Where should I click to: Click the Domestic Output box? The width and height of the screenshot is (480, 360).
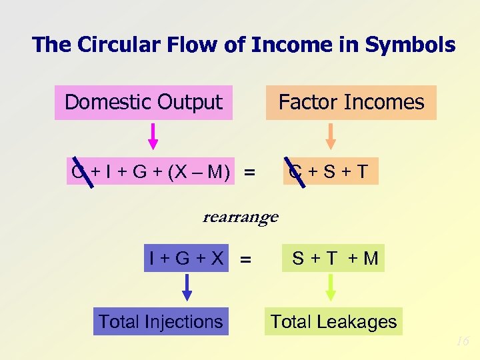(x=143, y=103)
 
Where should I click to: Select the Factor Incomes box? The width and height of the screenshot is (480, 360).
(x=351, y=103)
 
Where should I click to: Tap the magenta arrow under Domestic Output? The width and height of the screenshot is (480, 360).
(x=153, y=135)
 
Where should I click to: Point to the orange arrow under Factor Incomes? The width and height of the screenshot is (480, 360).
(x=330, y=135)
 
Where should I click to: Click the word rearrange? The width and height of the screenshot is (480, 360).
(x=240, y=217)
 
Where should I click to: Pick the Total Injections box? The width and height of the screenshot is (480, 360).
(x=160, y=321)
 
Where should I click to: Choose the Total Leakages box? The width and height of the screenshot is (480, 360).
(x=333, y=322)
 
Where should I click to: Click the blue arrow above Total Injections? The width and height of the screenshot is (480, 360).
(x=187, y=287)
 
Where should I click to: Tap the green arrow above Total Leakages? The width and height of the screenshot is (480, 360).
(x=330, y=287)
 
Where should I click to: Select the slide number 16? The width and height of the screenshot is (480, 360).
(x=462, y=341)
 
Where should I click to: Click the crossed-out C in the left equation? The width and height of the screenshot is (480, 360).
(x=79, y=173)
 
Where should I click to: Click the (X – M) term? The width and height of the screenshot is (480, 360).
(x=200, y=173)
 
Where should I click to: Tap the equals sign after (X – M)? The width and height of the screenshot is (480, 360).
(x=249, y=173)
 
